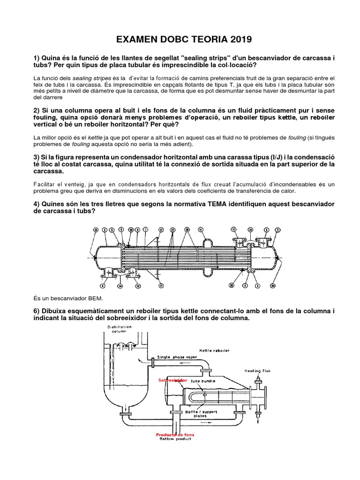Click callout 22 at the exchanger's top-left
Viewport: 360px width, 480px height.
(x=96, y=229)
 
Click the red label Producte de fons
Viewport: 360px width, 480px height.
(x=175, y=435)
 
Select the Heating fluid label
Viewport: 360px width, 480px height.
(x=257, y=370)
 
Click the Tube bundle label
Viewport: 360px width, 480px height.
(x=202, y=381)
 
